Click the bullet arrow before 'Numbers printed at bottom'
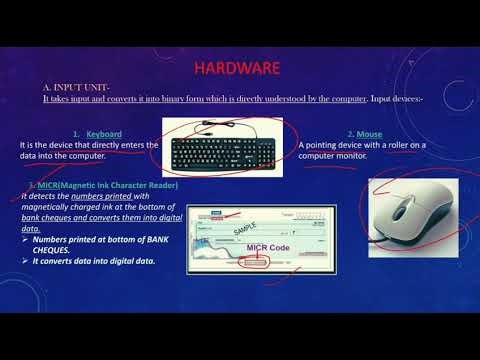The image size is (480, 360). [x=25, y=240]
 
